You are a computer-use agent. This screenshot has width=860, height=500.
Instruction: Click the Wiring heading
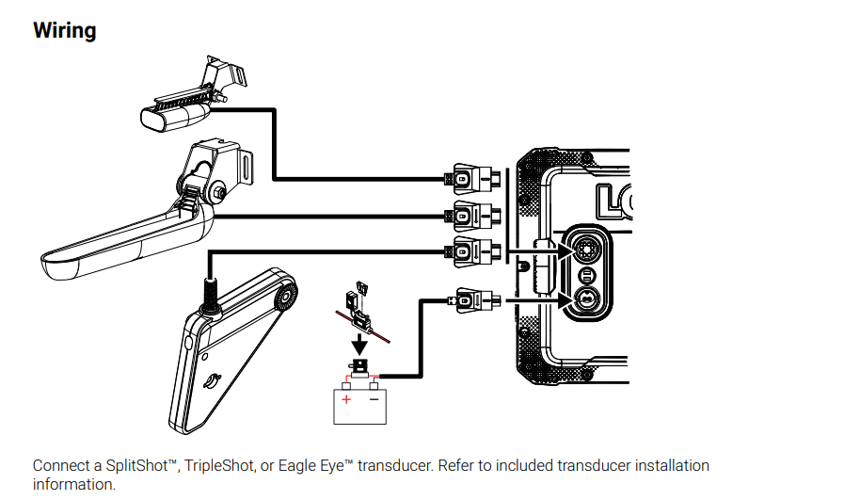coord(65,30)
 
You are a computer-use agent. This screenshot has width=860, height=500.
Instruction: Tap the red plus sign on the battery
coord(345,400)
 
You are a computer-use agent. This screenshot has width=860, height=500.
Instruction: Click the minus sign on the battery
coord(374,400)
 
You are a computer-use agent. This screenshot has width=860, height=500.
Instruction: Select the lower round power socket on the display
coord(584,299)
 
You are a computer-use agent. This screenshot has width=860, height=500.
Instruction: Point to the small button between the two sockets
coord(584,275)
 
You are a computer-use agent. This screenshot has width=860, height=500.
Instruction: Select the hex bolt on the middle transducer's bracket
coord(217,194)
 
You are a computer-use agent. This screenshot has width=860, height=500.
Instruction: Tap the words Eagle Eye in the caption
coord(303,466)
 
